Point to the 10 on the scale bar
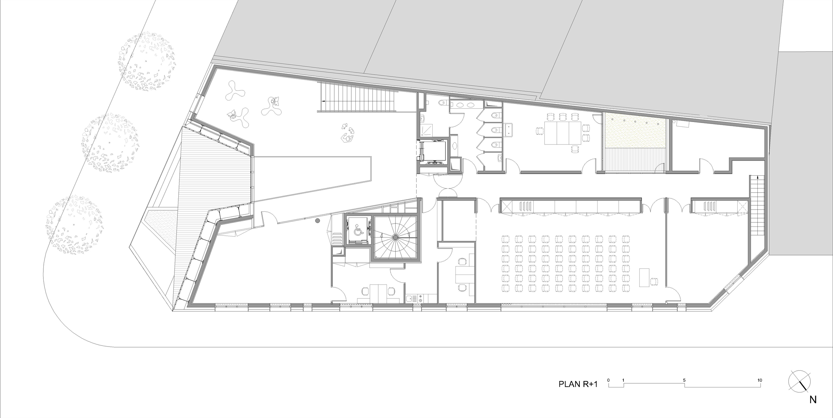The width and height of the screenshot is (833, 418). pos(760,380)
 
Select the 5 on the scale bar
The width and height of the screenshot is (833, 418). pos(684,380)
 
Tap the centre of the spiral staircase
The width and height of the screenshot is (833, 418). pos(396,238)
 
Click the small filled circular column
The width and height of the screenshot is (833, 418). pos(317,221)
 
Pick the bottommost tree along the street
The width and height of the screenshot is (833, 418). pos(75,225)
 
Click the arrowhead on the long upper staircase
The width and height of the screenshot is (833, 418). pos(323,101)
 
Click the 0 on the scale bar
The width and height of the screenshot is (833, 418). pos(609,380)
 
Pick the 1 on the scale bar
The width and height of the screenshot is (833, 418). pos(623,380)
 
